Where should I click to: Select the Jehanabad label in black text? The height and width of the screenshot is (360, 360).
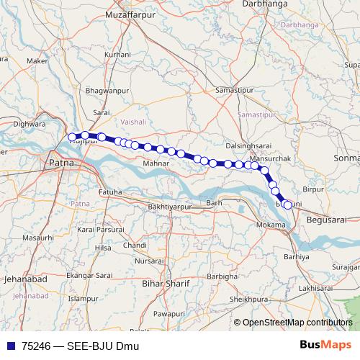point(26,277)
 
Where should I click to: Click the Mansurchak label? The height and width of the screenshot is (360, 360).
point(268,157)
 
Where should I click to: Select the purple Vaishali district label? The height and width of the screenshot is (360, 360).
point(133,122)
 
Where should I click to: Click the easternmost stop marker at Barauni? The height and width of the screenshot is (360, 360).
point(288,205)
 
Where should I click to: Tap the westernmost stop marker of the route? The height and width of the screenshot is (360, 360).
point(72,137)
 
